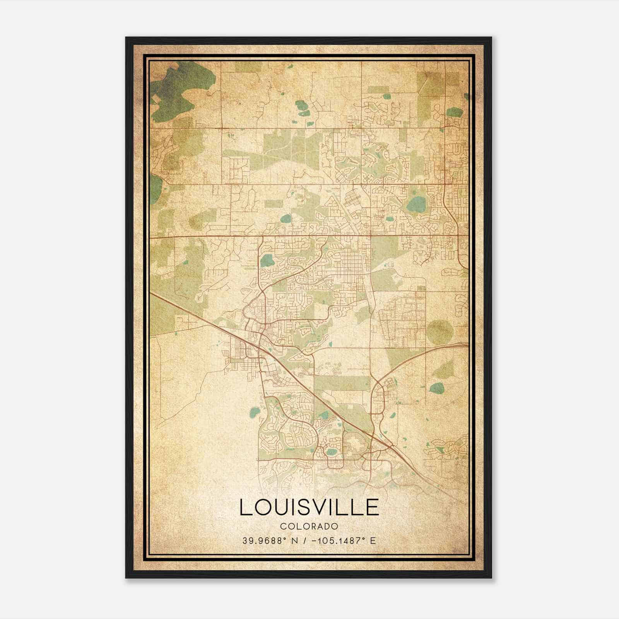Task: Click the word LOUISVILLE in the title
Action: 309,507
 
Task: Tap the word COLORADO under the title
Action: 309,527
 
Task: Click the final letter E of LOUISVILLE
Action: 372,507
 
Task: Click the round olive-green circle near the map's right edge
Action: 440,332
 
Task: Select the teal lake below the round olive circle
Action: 437,388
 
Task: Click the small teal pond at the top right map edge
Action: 455,113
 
